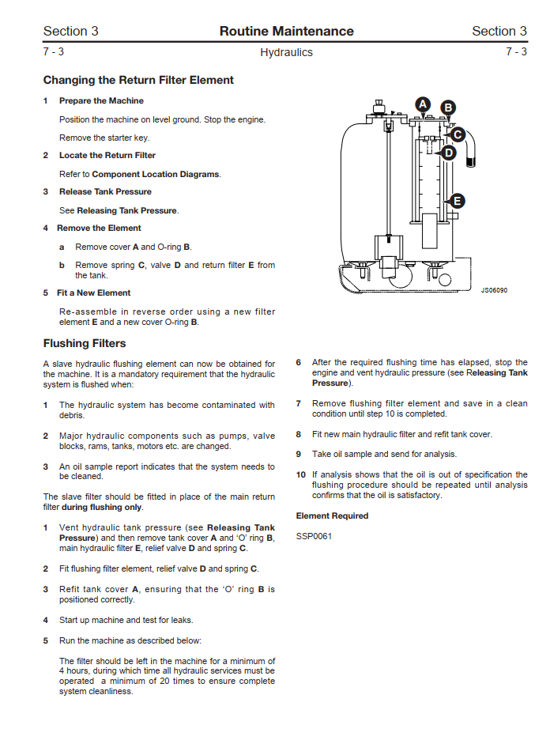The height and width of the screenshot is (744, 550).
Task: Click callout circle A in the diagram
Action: [x=422, y=104]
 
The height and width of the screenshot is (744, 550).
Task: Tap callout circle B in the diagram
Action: [x=448, y=108]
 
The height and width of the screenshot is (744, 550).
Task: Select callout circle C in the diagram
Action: [x=457, y=134]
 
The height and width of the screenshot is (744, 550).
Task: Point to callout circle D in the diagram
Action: [x=448, y=153]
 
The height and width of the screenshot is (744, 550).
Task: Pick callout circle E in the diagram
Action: [x=456, y=202]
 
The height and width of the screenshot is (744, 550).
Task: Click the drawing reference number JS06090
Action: [x=494, y=290]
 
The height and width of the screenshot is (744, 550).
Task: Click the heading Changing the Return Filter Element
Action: [x=138, y=80]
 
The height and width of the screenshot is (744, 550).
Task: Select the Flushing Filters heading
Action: [x=85, y=344]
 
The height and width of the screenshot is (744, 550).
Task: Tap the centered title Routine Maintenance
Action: [x=286, y=32]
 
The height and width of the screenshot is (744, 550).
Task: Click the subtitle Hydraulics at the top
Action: [x=286, y=53]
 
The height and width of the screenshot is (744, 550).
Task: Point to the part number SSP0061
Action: [x=314, y=536]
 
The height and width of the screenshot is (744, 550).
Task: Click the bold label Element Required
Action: [x=332, y=516]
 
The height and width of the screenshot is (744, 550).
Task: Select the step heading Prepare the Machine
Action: [x=101, y=101]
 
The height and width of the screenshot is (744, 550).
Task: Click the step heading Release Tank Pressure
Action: [x=105, y=192]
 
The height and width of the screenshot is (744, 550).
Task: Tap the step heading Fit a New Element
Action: [x=93, y=293]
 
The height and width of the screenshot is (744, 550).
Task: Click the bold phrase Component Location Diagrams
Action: [x=156, y=174]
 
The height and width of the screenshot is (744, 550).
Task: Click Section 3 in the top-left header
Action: [x=70, y=32]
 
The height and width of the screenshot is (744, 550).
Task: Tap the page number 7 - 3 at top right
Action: [x=516, y=52]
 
